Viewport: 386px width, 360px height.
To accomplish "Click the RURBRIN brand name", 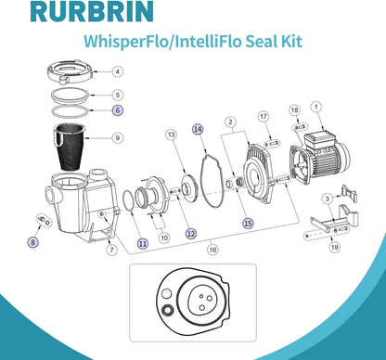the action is [x=92, y=11].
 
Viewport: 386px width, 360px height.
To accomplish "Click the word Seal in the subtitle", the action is [x=263, y=41].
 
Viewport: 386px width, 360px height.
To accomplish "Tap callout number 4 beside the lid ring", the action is [x=117, y=71].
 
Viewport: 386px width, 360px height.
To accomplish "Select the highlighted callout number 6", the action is [x=118, y=109].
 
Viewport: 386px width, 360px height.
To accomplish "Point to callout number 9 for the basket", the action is [x=117, y=137].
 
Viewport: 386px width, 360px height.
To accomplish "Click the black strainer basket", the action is [x=71, y=147].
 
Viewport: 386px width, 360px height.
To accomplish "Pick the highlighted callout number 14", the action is [x=198, y=129].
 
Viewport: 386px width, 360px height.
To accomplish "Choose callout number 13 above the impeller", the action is [x=172, y=135].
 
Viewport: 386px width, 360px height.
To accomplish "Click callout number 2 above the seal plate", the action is [x=230, y=122].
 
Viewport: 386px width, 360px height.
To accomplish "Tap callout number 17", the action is [x=264, y=116].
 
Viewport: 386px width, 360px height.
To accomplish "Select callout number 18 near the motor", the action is [x=295, y=109].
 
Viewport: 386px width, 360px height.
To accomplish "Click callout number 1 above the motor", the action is [x=316, y=107].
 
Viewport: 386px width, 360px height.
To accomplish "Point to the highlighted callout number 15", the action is [x=249, y=223].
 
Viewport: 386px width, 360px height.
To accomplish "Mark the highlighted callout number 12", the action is [x=191, y=234].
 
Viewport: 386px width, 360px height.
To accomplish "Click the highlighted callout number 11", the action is [x=143, y=244].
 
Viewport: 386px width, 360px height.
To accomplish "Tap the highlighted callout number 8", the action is [x=33, y=242].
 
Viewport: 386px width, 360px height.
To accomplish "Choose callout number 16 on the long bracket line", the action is [x=212, y=250].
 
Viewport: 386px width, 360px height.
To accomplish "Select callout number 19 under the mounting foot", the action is [x=334, y=247].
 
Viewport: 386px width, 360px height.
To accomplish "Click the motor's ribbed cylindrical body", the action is [x=328, y=161].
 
